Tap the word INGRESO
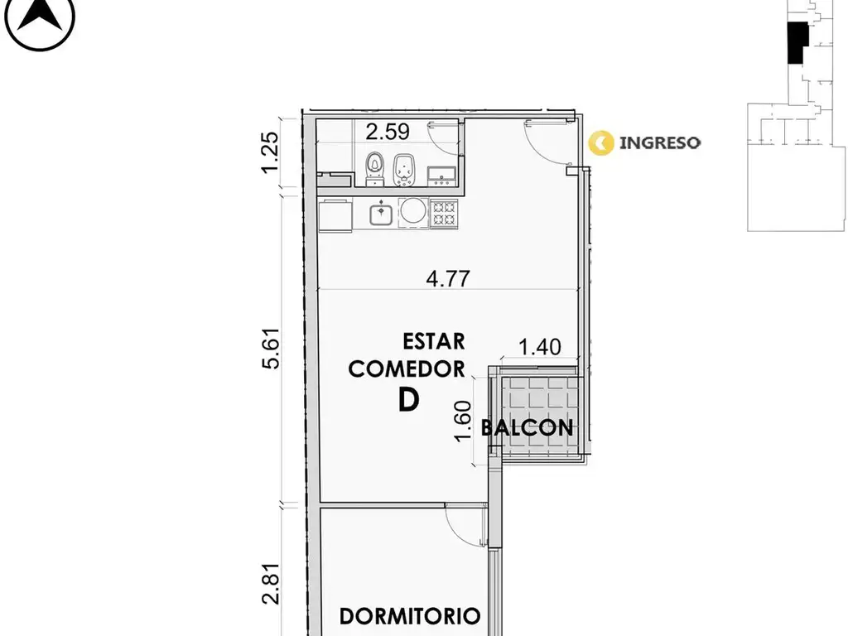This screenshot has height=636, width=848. [x=660, y=142]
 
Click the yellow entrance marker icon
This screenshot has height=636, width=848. [x=601, y=142]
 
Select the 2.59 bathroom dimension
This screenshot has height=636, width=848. [x=388, y=132]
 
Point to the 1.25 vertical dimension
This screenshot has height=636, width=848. [x=271, y=152]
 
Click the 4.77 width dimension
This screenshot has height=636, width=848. [x=448, y=278]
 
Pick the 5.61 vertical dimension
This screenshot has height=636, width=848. [x=271, y=349]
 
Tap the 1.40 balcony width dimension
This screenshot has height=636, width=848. [x=540, y=347]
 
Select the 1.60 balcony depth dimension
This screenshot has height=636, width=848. [x=463, y=421]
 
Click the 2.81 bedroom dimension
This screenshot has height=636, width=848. [x=271, y=583]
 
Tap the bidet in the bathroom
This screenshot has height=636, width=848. [x=403, y=170]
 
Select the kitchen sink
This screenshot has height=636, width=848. [x=382, y=213]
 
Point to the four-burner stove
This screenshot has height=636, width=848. [x=444, y=213]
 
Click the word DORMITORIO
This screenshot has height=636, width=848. [x=410, y=616]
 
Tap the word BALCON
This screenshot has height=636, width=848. [x=527, y=428]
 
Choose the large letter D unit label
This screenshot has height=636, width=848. [x=409, y=400]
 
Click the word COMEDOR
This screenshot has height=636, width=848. [x=407, y=369]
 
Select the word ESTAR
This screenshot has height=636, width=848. [x=434, y=341]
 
